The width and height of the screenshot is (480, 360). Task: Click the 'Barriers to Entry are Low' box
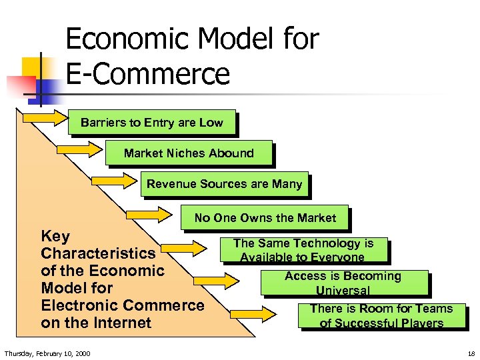point(152,123)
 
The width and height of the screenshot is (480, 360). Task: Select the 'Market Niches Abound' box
point(189,153)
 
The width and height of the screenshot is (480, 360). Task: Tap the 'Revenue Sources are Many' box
point(224,184)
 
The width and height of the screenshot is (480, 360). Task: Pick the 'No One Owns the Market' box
point(265,217)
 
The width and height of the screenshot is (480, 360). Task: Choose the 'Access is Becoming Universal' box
point(343,283)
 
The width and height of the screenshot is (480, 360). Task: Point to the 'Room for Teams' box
point(381,315)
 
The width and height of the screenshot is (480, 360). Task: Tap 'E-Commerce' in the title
point(147,73)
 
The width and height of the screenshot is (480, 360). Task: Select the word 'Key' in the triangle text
point(55,236)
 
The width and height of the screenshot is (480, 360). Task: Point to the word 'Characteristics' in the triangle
point(98,253)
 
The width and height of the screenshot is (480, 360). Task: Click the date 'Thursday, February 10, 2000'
point(47,353)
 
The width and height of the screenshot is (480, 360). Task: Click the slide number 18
point(471,353)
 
